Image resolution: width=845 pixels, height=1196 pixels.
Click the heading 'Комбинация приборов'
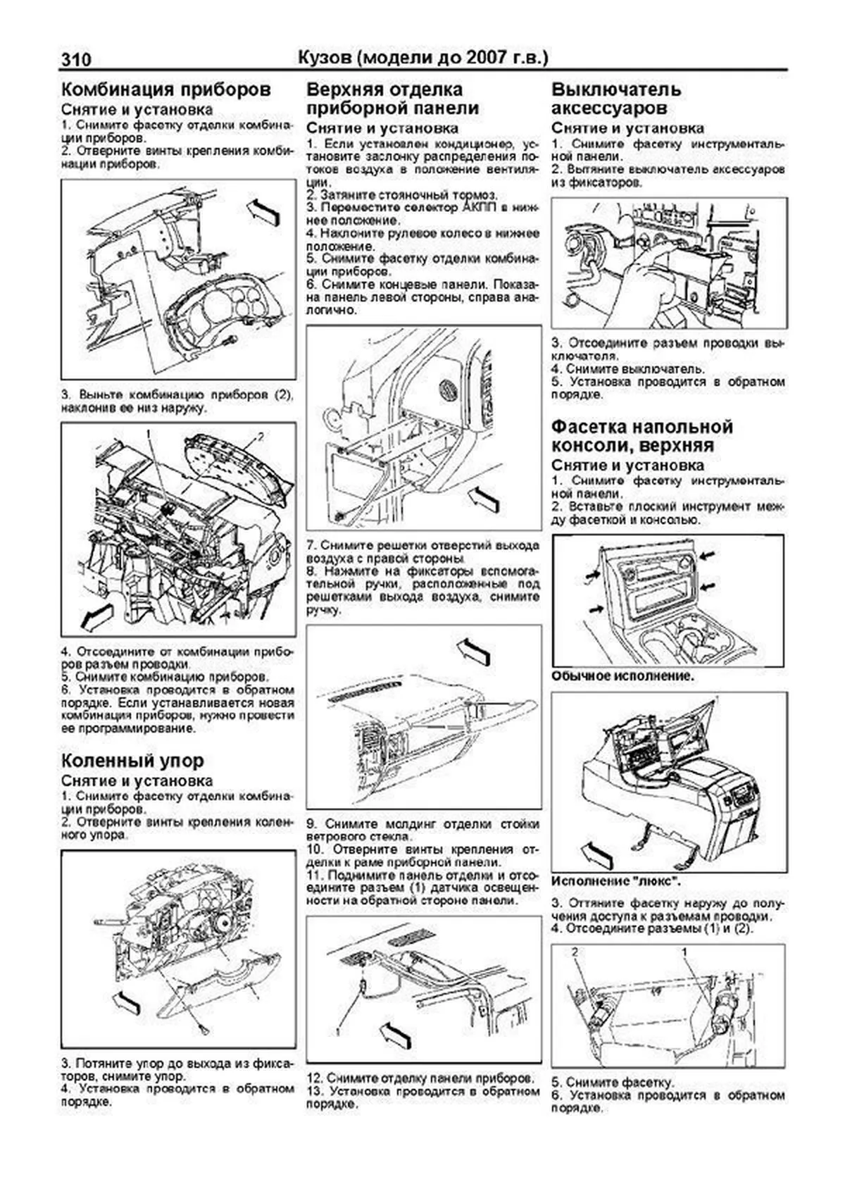pyautogui.click(x=166, y=91)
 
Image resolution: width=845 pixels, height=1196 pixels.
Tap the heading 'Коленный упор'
pyautogui.click(x=133, y=761)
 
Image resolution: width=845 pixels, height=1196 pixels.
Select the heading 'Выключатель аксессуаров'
pyautogui.click(x=617, y=99)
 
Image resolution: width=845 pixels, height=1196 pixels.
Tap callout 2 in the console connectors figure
pyautogui.click(x=575, y=952)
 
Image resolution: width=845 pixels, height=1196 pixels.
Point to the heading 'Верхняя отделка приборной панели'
pyautogui.click(x=393, y=99)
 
